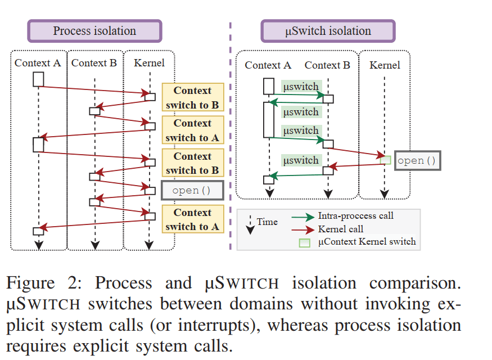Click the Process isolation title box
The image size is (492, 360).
pos(94,31)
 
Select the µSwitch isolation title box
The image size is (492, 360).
pos(328,31)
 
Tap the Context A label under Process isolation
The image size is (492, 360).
pos(38,63)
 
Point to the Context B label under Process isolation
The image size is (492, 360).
pos(94,63)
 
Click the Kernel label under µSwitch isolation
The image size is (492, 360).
pos(385,65)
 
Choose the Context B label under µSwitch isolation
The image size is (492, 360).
pos(327,65)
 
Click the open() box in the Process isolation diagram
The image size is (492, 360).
pos(192,190)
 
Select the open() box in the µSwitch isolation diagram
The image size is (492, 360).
pos(417,160)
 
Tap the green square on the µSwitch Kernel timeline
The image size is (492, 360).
pos(385,160)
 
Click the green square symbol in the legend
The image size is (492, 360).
pos(304,243)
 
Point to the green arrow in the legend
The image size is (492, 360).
pos(303,217)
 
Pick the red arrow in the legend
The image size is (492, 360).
pos(303,230)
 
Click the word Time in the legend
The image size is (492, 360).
pos(267,222)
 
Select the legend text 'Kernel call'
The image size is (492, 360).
pos(340,229)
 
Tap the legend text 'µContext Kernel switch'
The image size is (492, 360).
pos(367,242)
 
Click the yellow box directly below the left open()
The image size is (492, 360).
pos(193,219)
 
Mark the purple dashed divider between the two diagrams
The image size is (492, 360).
pos(231,136)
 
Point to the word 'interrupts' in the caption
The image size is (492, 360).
pos(214,325)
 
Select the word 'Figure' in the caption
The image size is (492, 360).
pos(30,283)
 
